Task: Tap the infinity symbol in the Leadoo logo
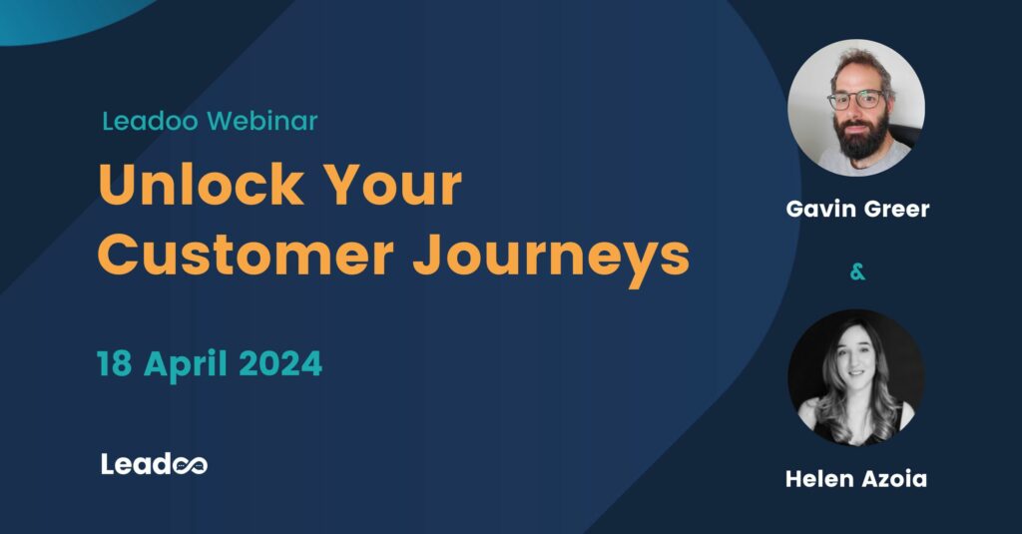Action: click(x=191, y=465)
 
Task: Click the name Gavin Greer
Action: click(x=857, y=211)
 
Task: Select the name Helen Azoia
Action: click(x=855, y=479)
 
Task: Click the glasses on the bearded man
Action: click(x=856, y=100)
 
